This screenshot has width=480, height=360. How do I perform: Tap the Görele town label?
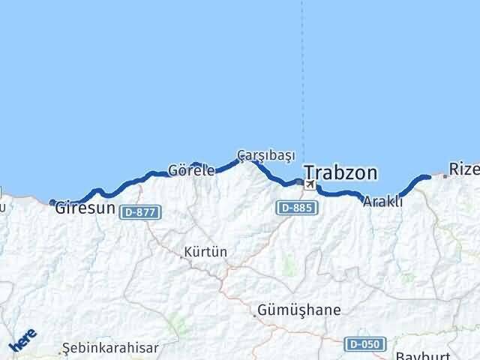pos(191,170)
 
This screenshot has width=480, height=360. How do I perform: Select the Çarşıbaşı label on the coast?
pos(265,154)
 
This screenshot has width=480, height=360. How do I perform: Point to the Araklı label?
pos(382,201)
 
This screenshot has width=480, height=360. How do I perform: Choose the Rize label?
pos(463,169)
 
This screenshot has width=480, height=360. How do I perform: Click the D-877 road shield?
pos(139,212)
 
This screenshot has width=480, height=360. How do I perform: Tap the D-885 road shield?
pos(294,207)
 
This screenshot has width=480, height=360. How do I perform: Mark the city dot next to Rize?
pos(445,176)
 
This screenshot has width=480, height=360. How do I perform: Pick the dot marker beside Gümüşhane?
pos(255,315)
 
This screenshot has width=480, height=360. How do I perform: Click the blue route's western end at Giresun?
pos(52,202)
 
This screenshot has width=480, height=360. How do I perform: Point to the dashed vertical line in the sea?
pos(303,75)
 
